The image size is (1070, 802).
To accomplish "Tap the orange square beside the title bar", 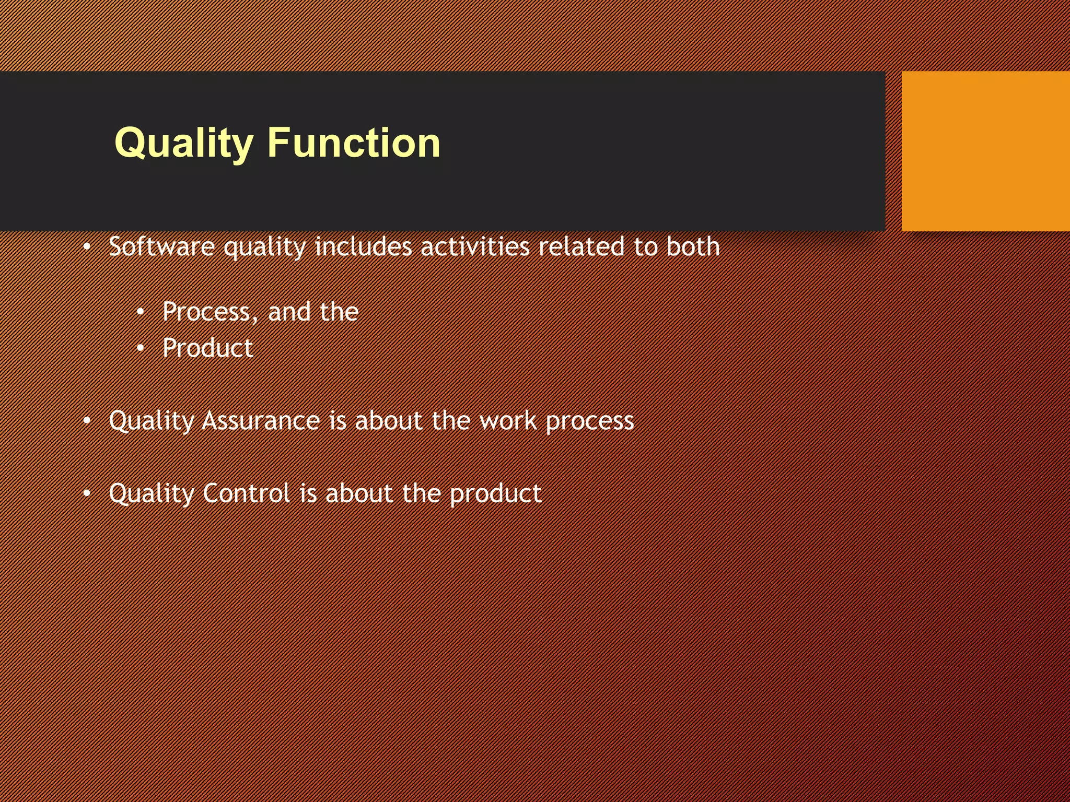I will pyautogui.click(x=985, y=151).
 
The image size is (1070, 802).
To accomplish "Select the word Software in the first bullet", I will pyautogui.click(x=161, y=246).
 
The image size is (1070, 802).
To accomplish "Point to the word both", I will pyautogui.click(x=693, y=246).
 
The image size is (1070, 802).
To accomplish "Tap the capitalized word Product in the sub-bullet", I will pyautogui.click(x=207, y=348).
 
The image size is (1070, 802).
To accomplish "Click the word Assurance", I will pyautogui.click(x=261, y=421).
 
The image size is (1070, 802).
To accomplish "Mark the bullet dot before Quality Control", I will pyautogui.click(x=87, y=493).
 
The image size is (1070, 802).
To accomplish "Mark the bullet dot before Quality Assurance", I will pyautogui.click(x=87, y=421).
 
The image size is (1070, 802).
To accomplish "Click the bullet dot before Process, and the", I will pyautogui.click(x=140, y=312).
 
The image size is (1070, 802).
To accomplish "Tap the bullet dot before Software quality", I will pyautogui.click(x=87, y=246).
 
